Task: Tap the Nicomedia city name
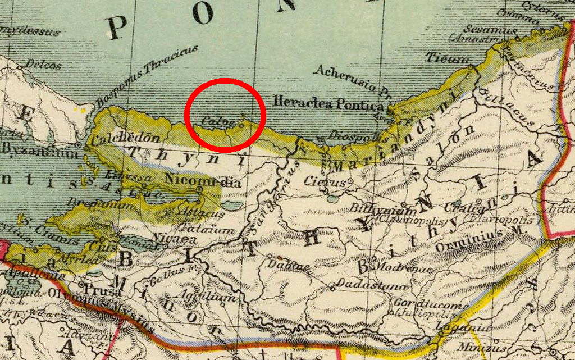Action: [204, 182]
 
